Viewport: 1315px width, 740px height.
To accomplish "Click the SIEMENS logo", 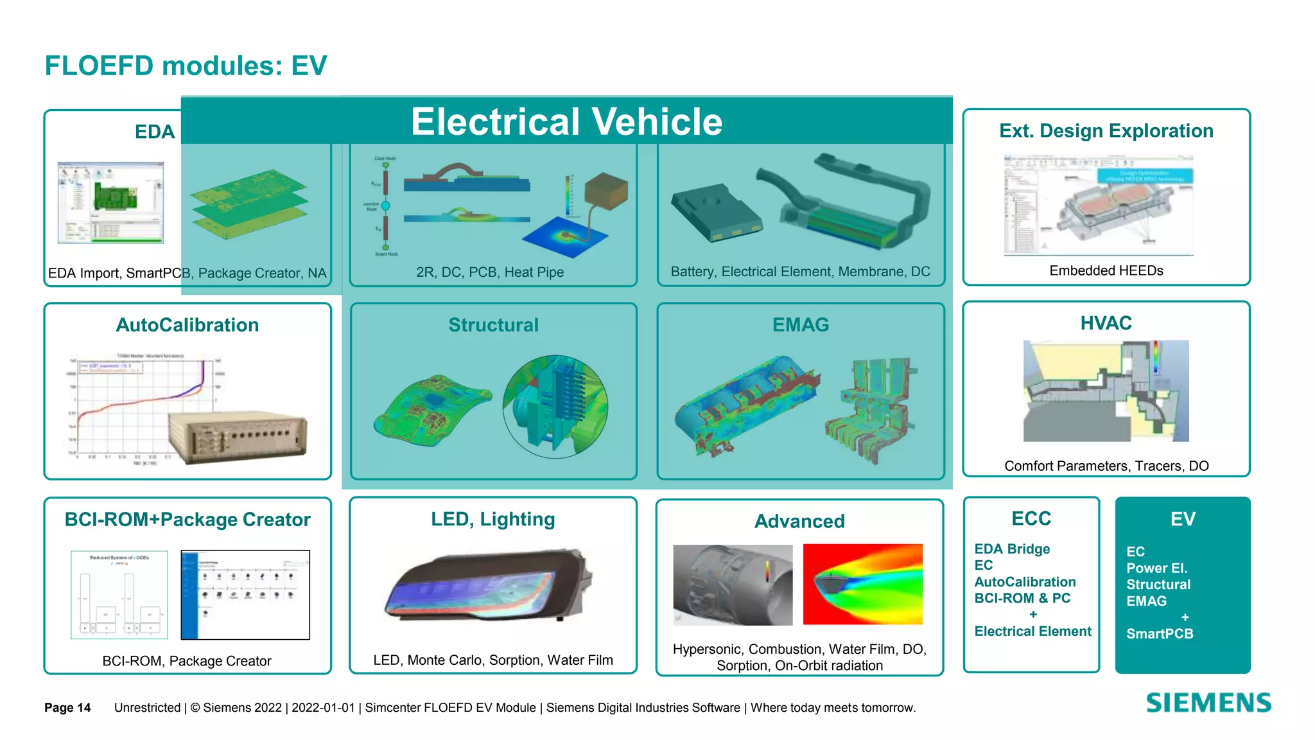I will pyautogui.click(x=1208, y=703).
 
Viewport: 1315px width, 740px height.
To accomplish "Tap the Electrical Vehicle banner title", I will pyautogui.click(x=566, y=121).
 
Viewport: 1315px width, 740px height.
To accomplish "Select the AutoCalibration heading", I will pyautogui.click(x=187, y=325).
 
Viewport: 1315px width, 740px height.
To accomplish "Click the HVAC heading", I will pyautogui.click(x=1106, y=323).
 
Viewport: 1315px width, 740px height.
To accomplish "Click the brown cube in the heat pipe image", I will pyautogui.click(x=606, y=191).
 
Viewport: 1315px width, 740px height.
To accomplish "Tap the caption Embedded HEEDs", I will pyautogui.click(x=1106, y=270).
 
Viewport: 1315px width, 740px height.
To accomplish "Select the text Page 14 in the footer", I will pyautogui.click(x=67, y=707).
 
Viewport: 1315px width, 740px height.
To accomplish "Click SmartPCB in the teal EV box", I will pyautogui.click(x=1160, y=634).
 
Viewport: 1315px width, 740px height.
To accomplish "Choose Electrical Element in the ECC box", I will pyautogui.click(x=1032, y=631).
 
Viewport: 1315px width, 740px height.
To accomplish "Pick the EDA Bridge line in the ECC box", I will pyautogui.click(x=1012, y=549).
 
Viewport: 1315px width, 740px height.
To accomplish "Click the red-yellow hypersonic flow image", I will pyautogui.click(x=862, y=584).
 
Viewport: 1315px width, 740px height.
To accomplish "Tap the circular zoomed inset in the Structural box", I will pyautogui.click(x=555, y=407).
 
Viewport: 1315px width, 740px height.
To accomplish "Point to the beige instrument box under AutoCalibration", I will pyautogui.click(x=238, y=436).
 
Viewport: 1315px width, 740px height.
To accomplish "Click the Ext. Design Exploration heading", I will pyautogui.click(x=1106, y=131).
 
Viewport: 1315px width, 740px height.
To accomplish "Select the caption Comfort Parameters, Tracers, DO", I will pyautogui.click(x=1106, y=466).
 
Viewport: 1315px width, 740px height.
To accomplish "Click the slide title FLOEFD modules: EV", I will pyautogui.click(x=186, y=66).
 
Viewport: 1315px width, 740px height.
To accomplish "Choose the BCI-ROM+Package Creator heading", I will pyautogui.click(x=187, y=519).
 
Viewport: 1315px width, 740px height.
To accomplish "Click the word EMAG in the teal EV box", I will pyautogui.click(x=1146, y=601).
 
